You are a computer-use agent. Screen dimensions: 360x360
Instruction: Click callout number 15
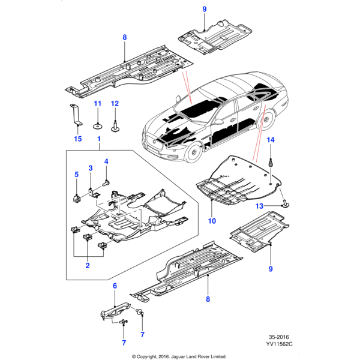(77, 139)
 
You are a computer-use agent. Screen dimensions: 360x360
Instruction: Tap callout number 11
(96, 104)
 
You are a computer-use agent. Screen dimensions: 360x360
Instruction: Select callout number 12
(115, 104)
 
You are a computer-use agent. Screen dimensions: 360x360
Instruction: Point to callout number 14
(270, 140)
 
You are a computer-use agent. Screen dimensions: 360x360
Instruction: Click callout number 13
(259, 206)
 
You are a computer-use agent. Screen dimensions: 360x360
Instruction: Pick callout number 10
(211, 221)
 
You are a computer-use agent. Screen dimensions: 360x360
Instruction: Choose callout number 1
(99, 139)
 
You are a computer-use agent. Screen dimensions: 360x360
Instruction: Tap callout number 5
(77, 174)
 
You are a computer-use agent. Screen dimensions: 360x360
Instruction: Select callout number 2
(88, 265)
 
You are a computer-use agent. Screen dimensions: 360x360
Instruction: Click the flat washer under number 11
(96, 126)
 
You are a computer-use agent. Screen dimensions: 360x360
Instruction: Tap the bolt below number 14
(271, 160)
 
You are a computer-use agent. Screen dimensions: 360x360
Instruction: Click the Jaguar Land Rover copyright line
(179, 355)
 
